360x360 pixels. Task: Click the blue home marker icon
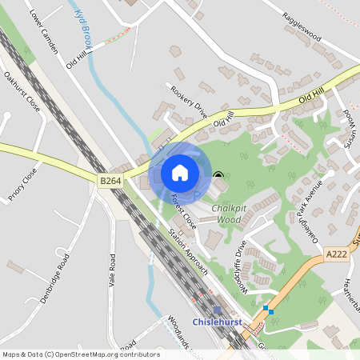click(180, 172)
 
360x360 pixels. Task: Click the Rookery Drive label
click(189, 102)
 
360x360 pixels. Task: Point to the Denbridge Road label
click(55, 278)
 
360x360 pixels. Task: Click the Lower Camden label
click(43, 33)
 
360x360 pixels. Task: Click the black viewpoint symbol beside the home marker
click(218, 175)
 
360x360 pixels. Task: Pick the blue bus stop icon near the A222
click(268, 310)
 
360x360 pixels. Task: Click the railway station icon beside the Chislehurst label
click(217, 310)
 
